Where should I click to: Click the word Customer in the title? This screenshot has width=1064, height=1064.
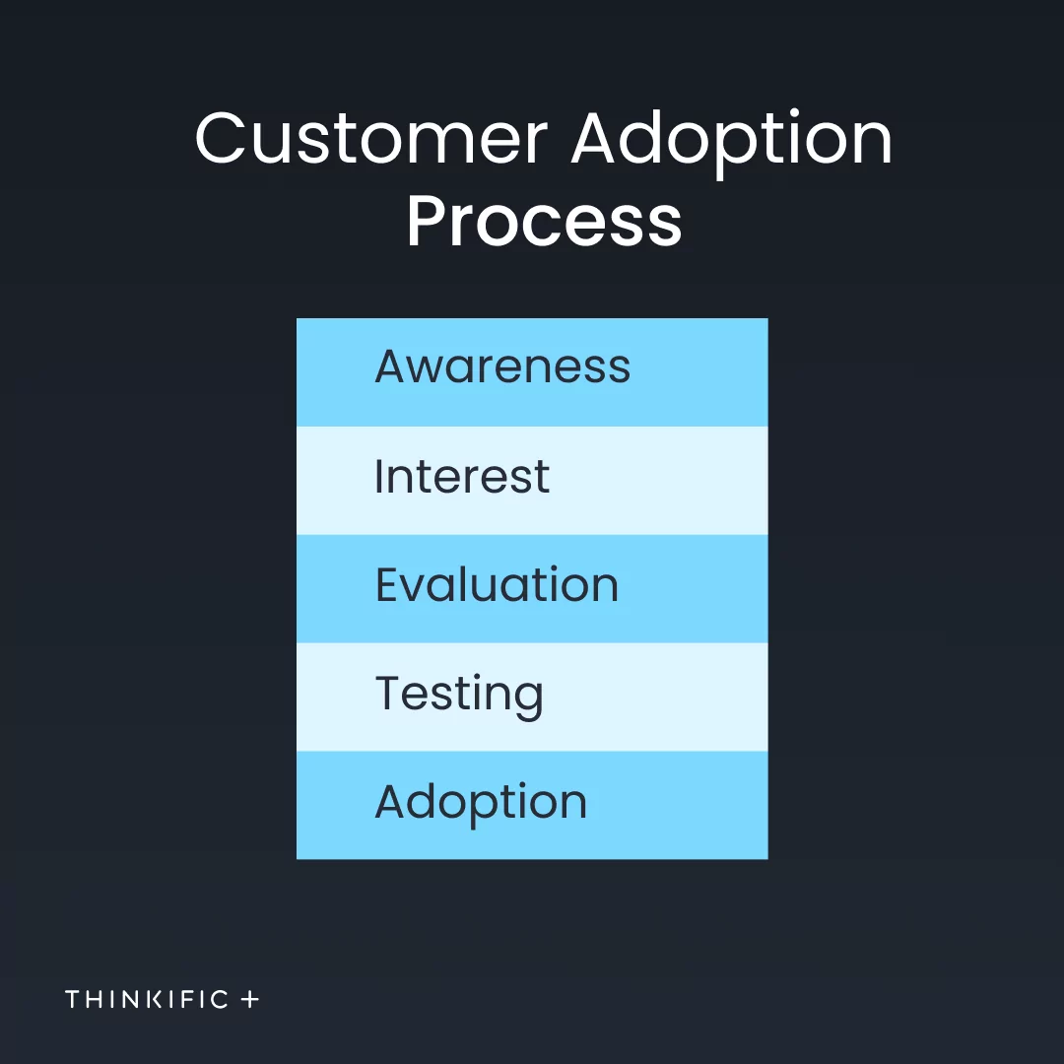[371, 138]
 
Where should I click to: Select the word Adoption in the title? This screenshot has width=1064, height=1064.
[731, 144]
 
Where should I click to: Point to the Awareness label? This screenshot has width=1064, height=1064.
[502, 366]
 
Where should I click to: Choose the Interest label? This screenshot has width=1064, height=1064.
[462, 476]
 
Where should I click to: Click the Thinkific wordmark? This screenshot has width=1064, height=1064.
[147, 999]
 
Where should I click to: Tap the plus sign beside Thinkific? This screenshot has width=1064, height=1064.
[249, 999]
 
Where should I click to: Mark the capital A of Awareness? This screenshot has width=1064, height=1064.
[392, 366]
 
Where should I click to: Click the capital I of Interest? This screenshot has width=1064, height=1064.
[378, 476]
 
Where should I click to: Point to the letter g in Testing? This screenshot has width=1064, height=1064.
[527, 701]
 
